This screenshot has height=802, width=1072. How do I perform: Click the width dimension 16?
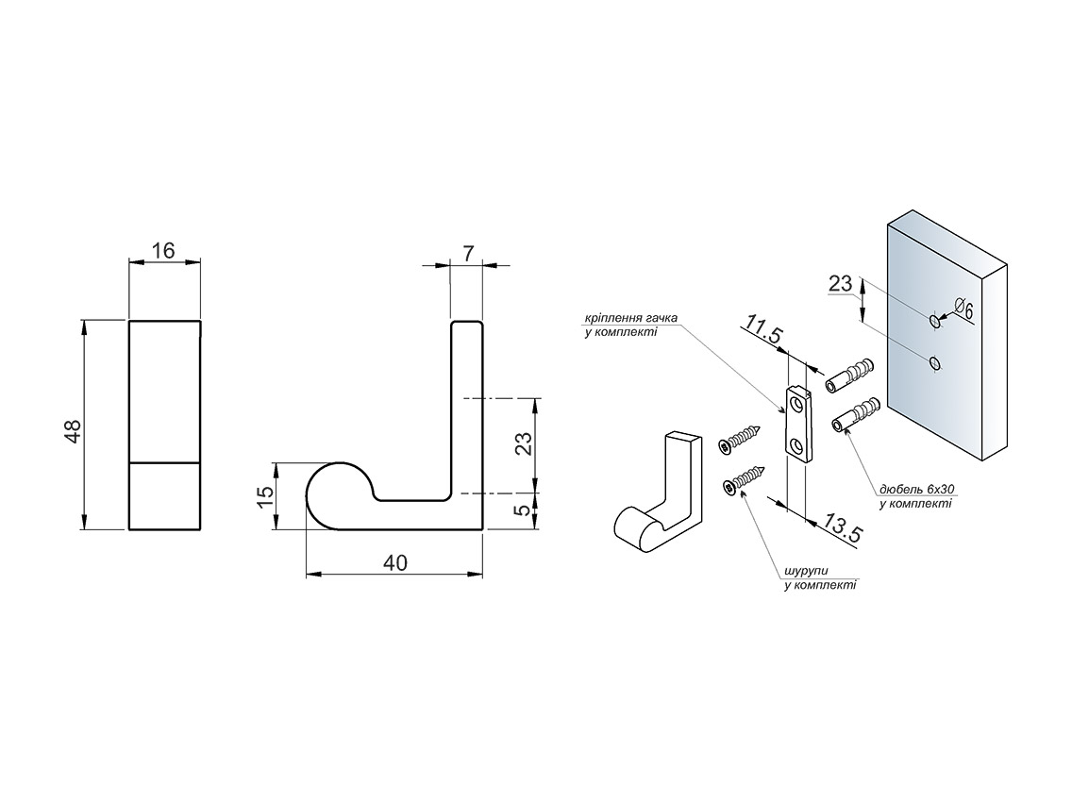click(x=163, y=251)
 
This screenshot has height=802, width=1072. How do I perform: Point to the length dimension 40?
click(x=394, y=562)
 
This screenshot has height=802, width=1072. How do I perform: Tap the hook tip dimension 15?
click(x=266, y=495)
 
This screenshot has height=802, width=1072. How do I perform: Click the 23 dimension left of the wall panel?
click(x=840, y=284)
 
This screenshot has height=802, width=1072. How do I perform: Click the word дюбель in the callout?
click(x=900, y=490)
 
